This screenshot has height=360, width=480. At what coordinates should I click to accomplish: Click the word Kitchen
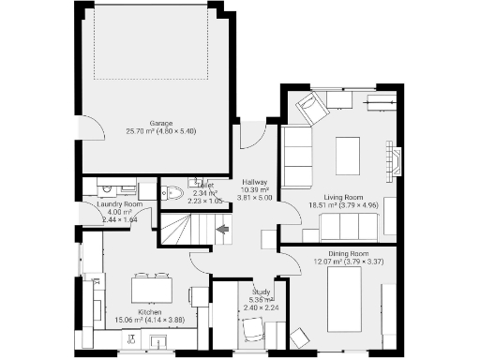pyautogui.click(x=151, y=312)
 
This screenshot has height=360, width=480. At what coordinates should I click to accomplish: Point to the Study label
pyautogui.click(x=262, y=292)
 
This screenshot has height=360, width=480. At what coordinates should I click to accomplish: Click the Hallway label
pyautogui.click(x=255, y=182)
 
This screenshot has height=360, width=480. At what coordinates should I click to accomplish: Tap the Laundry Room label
pyautogui.click(x=120, y=204)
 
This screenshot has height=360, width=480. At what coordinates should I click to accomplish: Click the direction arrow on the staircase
pyautogui.click(x=222, y=228)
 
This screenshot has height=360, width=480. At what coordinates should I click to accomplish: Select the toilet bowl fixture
pyautogui.click(x=173, y=194)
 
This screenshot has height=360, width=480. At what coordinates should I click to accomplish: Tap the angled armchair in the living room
pyautogui.click(x=310, y=110)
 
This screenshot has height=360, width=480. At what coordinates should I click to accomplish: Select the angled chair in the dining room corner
pyautogui.click(x=299, y=337)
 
